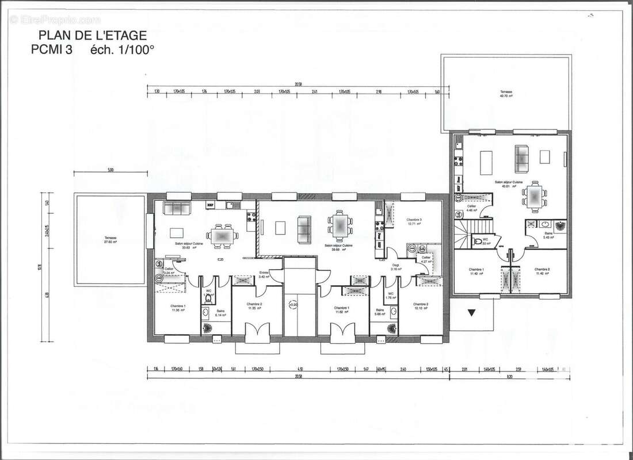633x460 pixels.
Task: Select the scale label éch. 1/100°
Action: pos(122,49)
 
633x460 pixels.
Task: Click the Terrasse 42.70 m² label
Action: pos(506,94)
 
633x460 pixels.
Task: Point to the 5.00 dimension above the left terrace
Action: pos(110,170)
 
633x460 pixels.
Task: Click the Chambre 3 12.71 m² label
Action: pos(414,221)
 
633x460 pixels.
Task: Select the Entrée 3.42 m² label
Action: pos(264,275)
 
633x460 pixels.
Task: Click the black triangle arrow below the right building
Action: pos(471,313)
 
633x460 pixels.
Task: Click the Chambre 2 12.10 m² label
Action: pos(421,306)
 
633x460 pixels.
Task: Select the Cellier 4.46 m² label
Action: pos(472,208)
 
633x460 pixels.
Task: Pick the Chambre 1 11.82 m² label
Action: pos(342,310)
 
